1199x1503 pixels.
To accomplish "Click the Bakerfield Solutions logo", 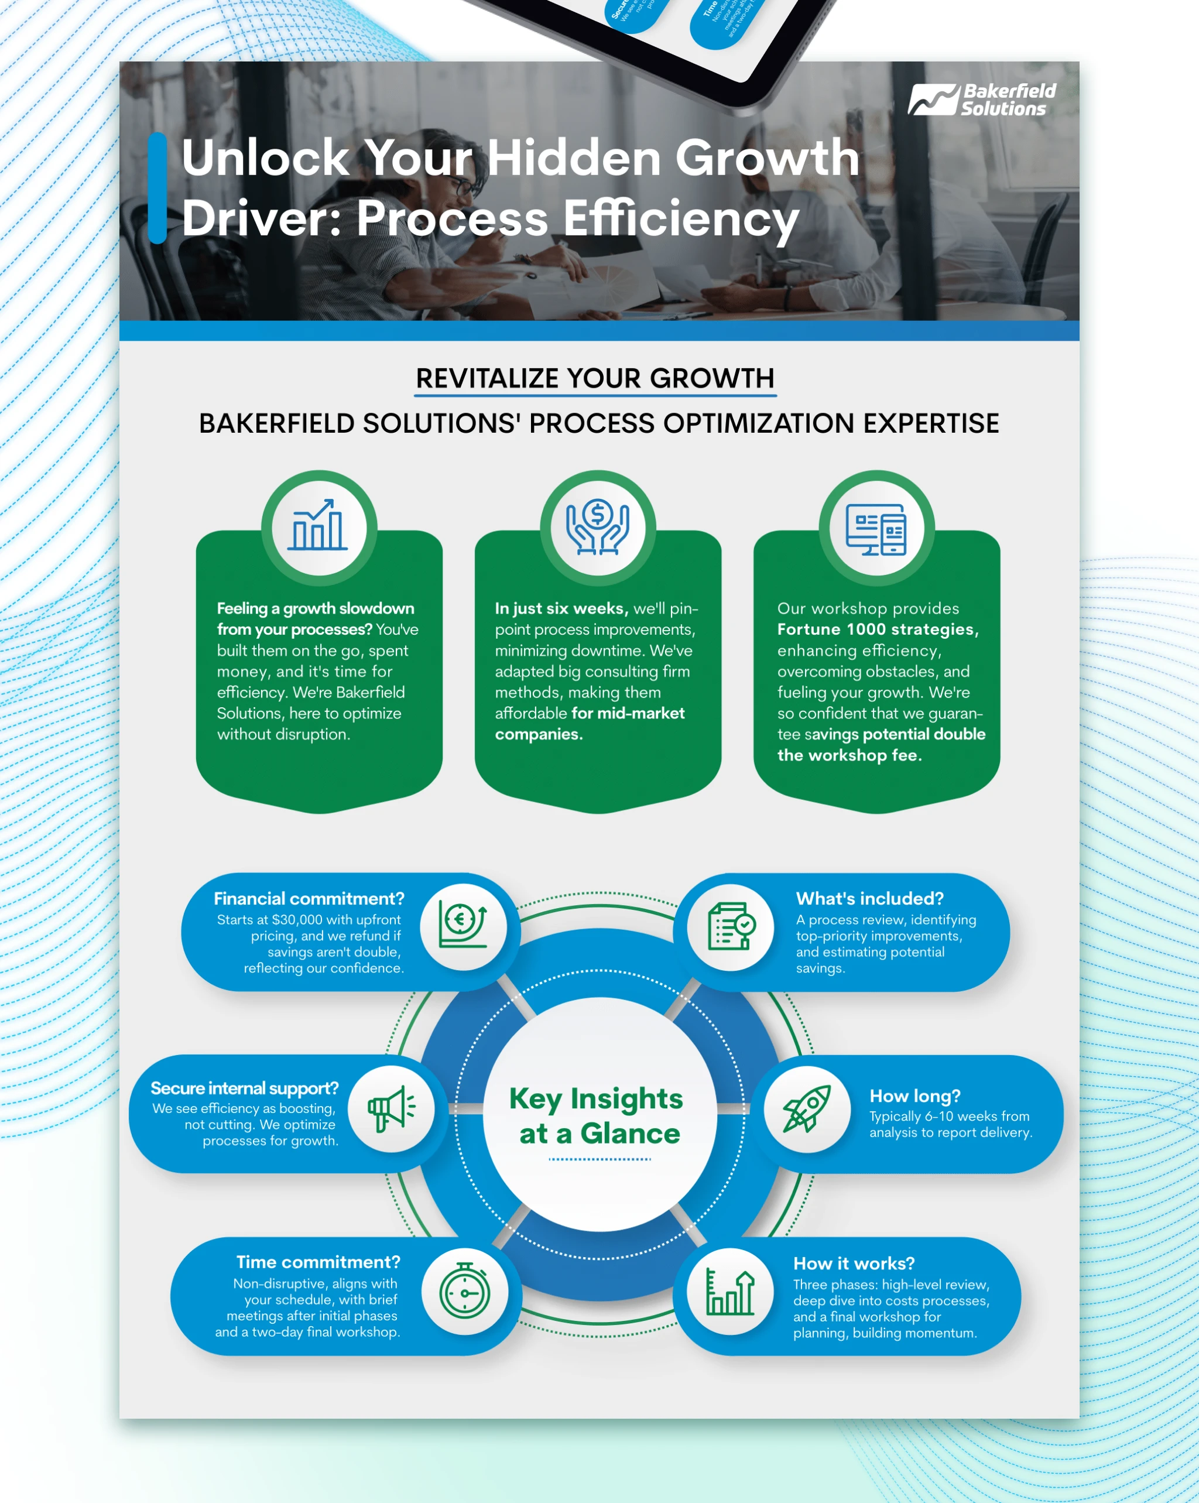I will pyautogui.click(x=982, y=100).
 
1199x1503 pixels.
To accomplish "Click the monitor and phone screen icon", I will pyautogui.click(x=876, y=528).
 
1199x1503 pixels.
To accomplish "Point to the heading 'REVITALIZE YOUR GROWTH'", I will pyautogui.click(x=595, y=379).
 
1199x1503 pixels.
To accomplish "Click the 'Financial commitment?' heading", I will pyautogui.click(x=309, y=899).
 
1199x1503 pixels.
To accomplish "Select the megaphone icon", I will pyautogui.click(x=391, y=1108).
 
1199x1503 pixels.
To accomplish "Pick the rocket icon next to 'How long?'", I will pyautogui.click(x=807, y=1108).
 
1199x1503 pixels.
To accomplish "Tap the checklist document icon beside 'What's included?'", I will pyautogui.click(x=731, y=926).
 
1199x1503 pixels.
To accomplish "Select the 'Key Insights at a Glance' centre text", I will pyautogui.click(x=596, y=1116).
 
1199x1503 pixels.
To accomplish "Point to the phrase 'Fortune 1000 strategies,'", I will pyautogui.click(x=878, y=629).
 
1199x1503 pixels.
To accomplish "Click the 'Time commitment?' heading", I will pyautogui.click(x=318, y=1262).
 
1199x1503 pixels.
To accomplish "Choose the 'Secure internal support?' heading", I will pyautogui.click(x=245, y=1088).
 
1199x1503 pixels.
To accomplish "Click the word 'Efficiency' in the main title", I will pyautogui.click(x=680, y=218).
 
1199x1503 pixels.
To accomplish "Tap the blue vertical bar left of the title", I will pyautogui.click(x=157, y=187).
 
